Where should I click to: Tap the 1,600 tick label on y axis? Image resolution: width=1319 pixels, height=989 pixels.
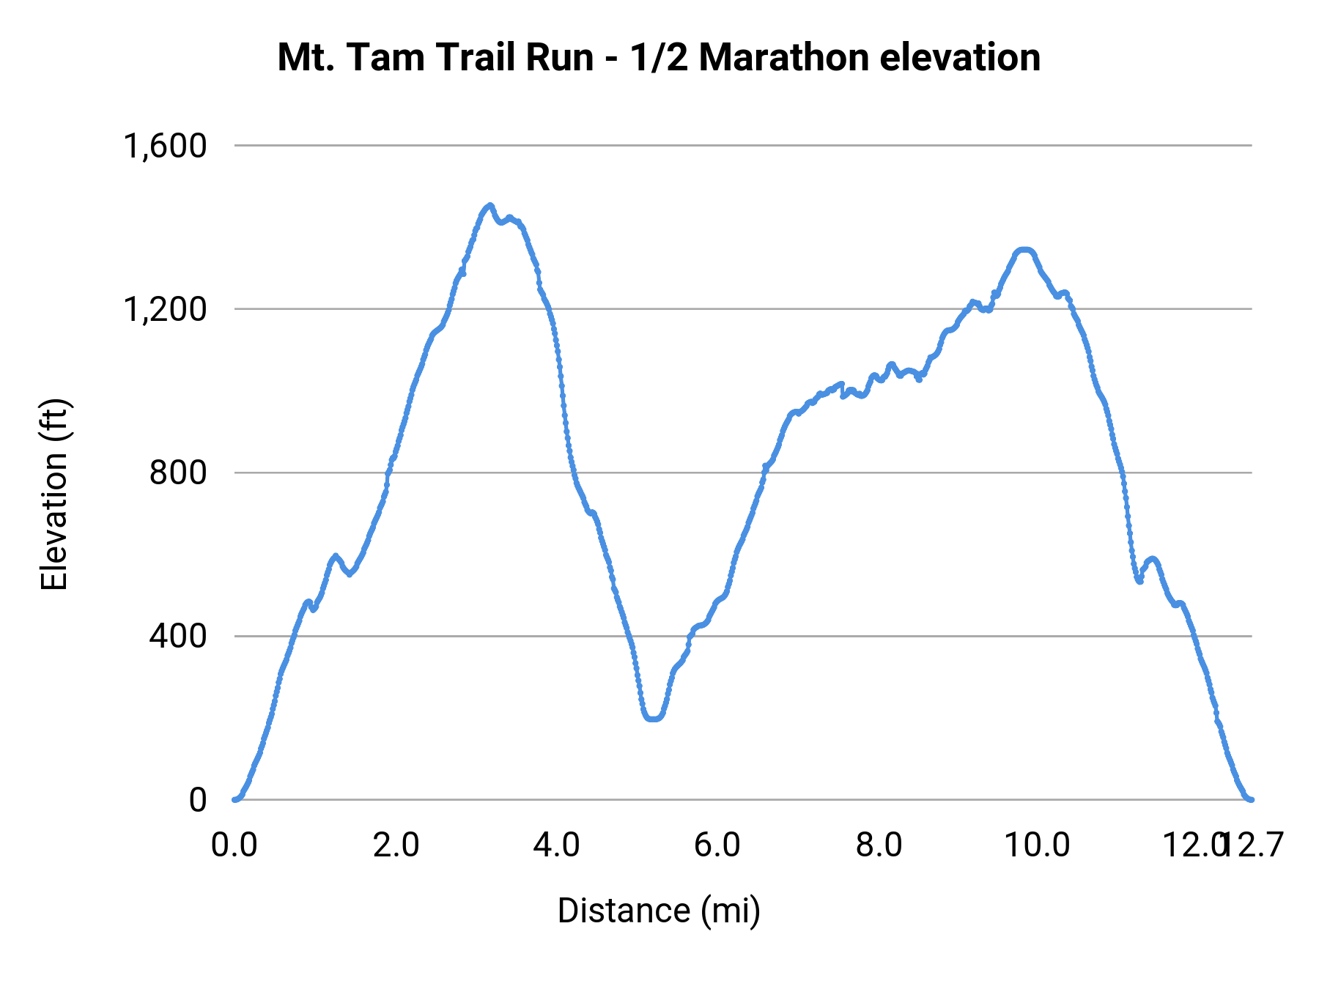click(166, 146)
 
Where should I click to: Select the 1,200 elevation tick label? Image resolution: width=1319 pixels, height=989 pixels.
click(166, 309)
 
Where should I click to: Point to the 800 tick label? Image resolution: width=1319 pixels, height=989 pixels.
click(178, 473)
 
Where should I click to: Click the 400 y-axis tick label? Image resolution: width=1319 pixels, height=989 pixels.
click(178, 636)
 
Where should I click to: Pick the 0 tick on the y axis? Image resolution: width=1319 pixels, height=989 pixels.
click(198, 800)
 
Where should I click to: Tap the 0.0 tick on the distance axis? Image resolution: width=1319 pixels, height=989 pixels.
click(234, 845)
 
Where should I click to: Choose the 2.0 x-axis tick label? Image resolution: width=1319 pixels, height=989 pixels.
click(396, 845)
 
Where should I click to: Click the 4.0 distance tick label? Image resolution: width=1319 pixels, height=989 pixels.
click(557, 845)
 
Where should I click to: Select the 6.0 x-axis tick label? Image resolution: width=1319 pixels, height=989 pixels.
click(717, 845)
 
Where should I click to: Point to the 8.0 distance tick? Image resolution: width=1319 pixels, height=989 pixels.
click(879, 845)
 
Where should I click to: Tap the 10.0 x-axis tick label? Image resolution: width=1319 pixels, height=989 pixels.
click(1036, 845)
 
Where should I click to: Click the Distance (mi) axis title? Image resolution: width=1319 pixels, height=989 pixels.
click(659, 911)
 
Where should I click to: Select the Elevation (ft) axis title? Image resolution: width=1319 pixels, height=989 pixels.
click(53, 494)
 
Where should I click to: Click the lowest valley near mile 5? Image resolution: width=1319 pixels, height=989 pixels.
click(653, 719)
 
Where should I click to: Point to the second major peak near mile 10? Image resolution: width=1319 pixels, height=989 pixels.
click(1024, 251)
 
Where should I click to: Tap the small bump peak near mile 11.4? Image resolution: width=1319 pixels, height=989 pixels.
click(1152, 559)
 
